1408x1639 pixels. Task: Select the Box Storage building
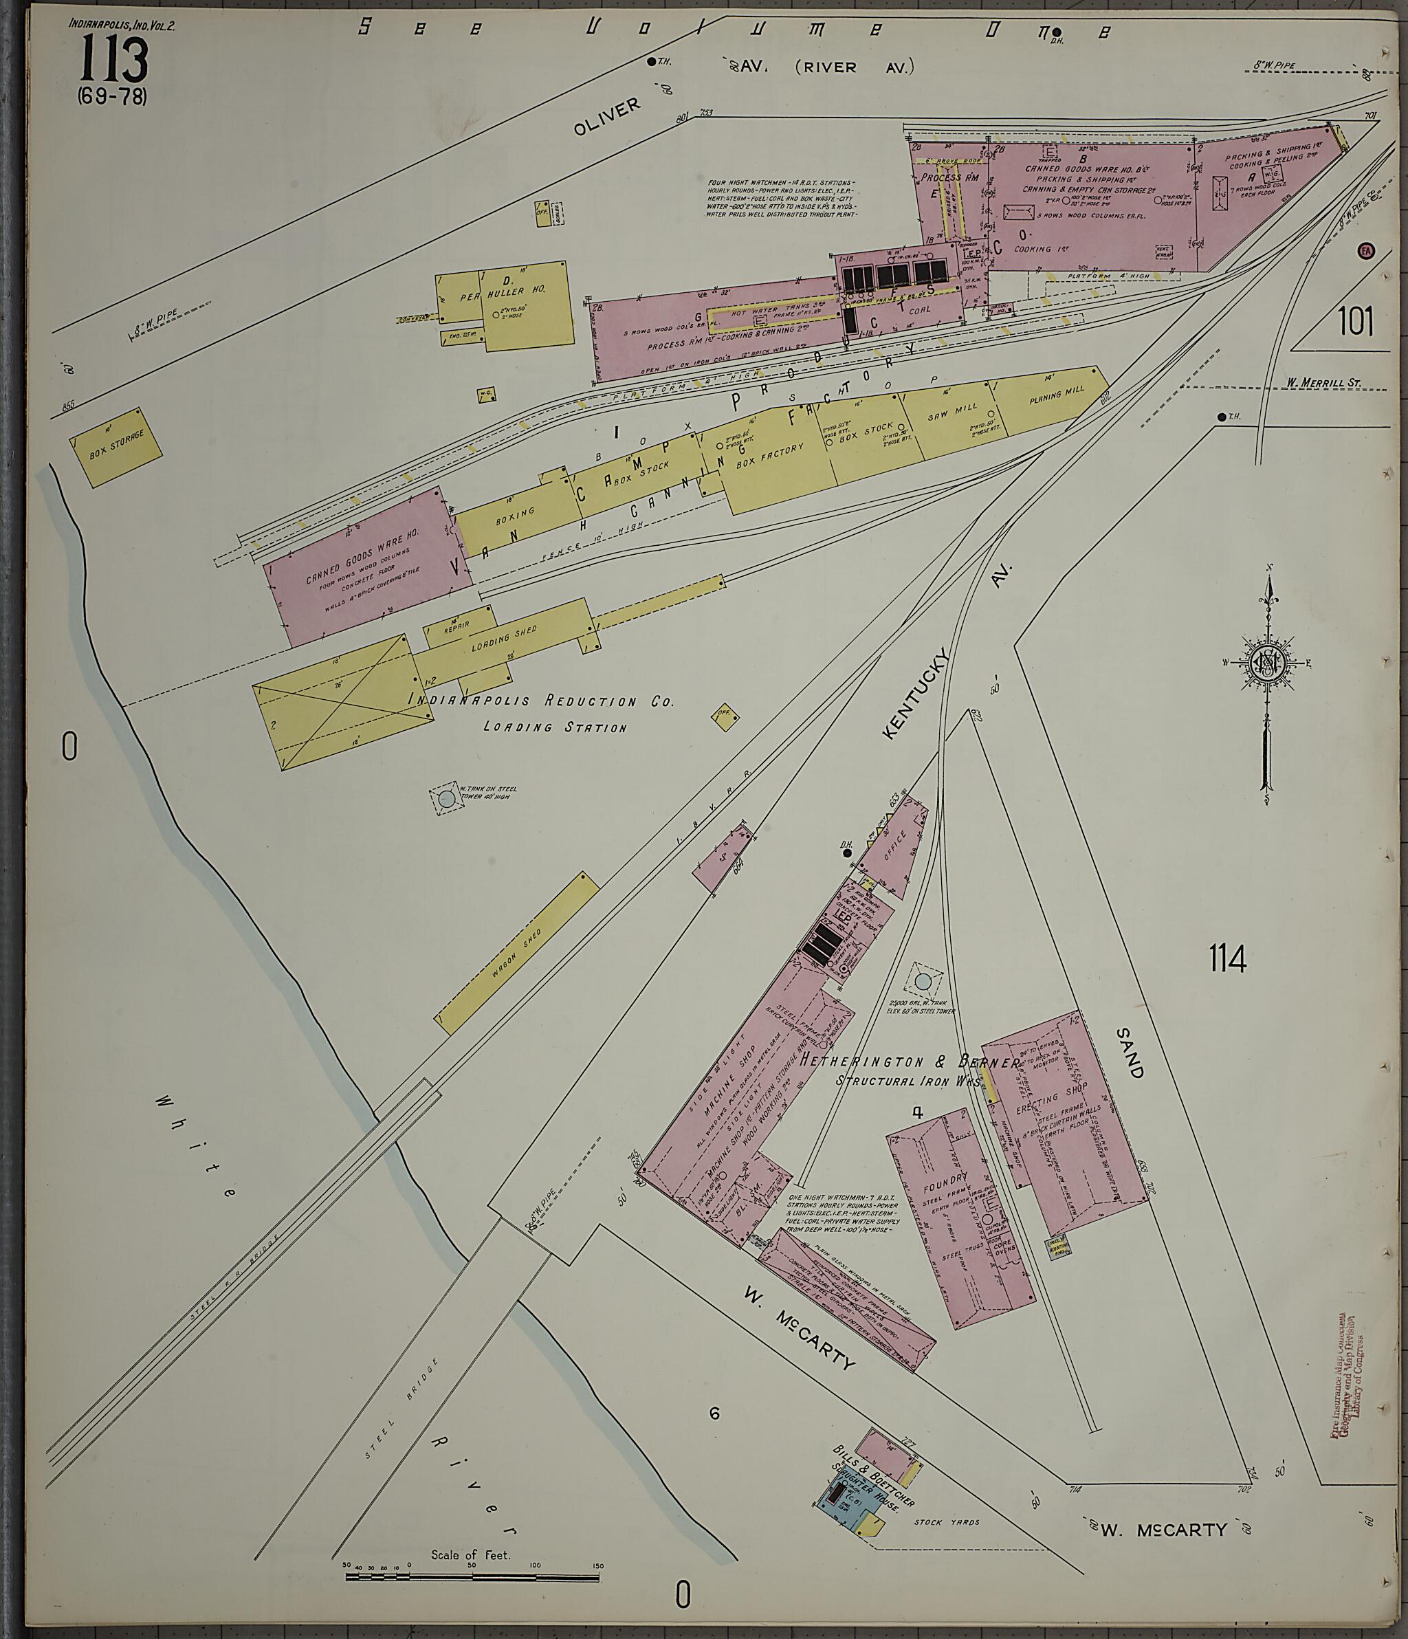pyautogui.click(x=115, y=447)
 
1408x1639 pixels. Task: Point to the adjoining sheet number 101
pyautogui.click(x=1355, y=322)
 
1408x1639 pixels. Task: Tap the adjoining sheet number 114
pyautogui.click(x=1227, y=959)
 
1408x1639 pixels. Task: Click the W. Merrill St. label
pyautogui.click(x=1322, y=383)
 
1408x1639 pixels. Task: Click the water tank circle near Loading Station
pyautogui.click(x=447, y=799)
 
